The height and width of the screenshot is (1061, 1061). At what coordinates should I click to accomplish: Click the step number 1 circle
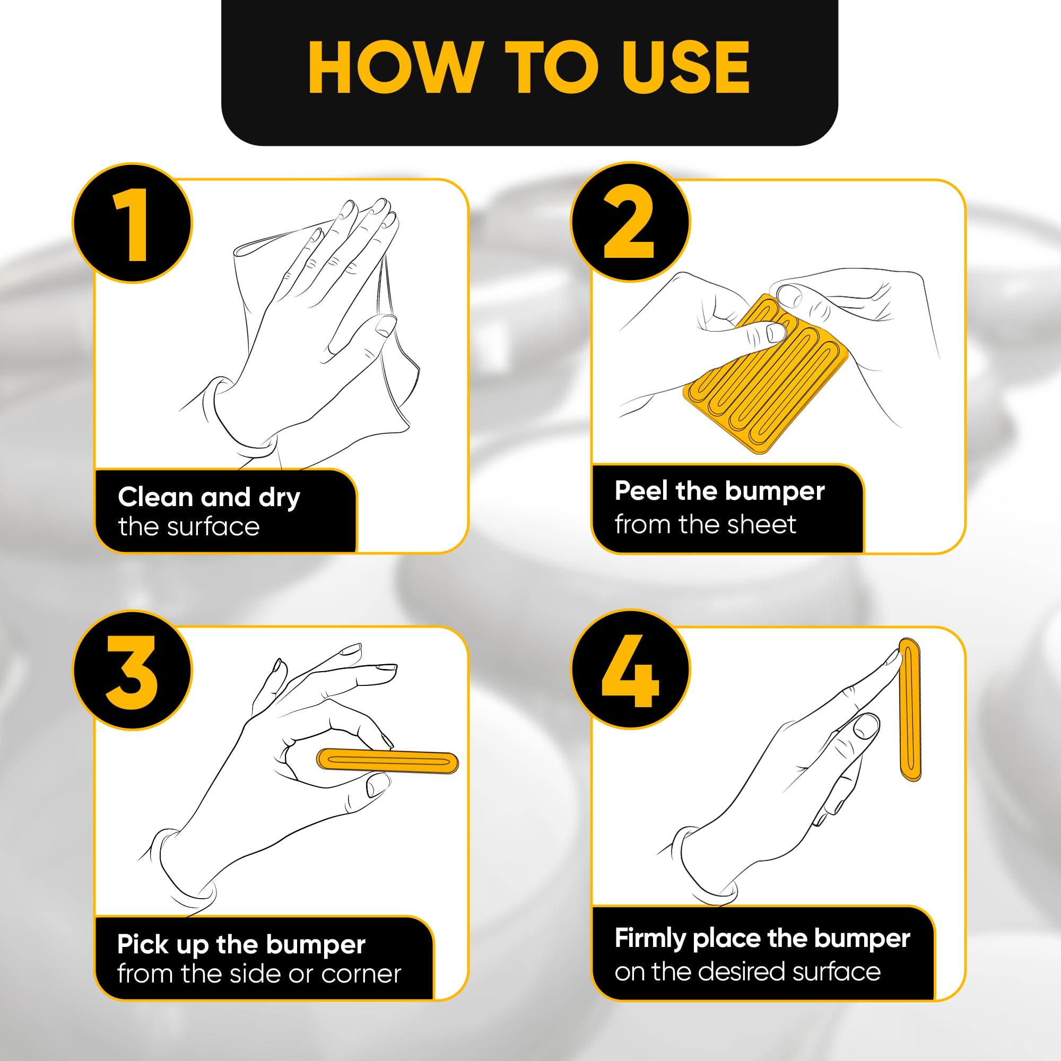click(x=132, y=223)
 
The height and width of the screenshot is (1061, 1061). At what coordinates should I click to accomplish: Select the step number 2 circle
click(x=630, y=222)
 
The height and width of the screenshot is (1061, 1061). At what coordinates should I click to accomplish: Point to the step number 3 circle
click(x=132, y=671)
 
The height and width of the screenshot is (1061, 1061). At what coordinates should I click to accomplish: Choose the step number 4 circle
click(x=630, y=670)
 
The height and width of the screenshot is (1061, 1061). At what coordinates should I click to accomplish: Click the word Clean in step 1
click(x=155, y=497)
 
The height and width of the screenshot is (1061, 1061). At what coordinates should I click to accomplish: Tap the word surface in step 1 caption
click(x=213, y=527)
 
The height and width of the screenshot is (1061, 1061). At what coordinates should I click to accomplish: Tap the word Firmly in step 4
click(x=650, y=938)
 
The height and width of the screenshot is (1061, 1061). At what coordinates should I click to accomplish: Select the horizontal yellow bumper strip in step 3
click(x=388, y=761)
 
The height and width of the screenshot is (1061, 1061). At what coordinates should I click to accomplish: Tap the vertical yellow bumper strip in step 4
click(x=909, y=708)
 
